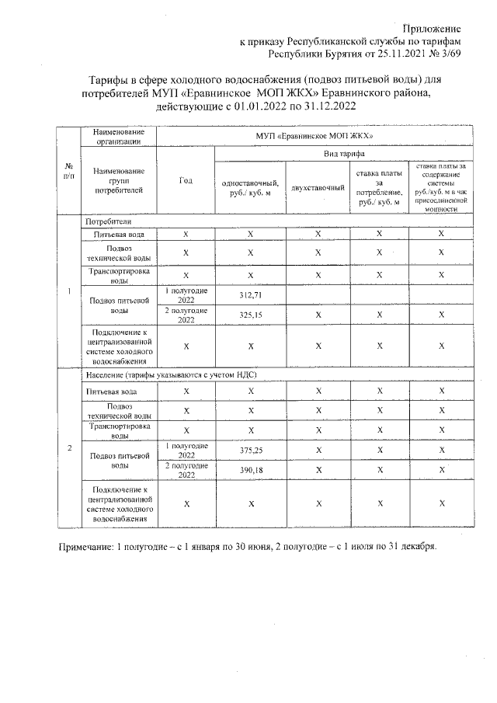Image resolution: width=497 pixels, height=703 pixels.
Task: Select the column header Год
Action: (x=185, y=181)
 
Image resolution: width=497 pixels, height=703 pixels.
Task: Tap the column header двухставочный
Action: (x=317, y=188)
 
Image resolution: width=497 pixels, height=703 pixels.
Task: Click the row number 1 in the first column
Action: (x=70, y=292)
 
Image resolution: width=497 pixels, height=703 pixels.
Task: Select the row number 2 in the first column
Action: (x=70, y=449)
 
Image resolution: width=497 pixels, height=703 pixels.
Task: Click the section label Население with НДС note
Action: (x=171, y=375)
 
